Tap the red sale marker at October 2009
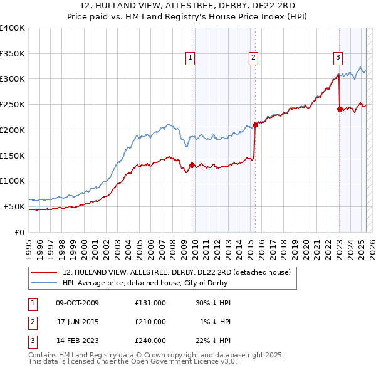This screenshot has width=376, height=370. (x=192, y=166)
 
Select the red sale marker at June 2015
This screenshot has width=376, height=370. (x=255, y=124)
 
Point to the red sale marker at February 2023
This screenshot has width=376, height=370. (x=340, y=109)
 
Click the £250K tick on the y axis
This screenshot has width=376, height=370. (x=13, y=105)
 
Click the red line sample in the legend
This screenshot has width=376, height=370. (x=44, y=273)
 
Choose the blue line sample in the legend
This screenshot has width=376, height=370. (x=44, y=283)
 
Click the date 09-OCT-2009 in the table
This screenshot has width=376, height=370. (x=78, y=303)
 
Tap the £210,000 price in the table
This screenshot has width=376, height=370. (x=150, y=322)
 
